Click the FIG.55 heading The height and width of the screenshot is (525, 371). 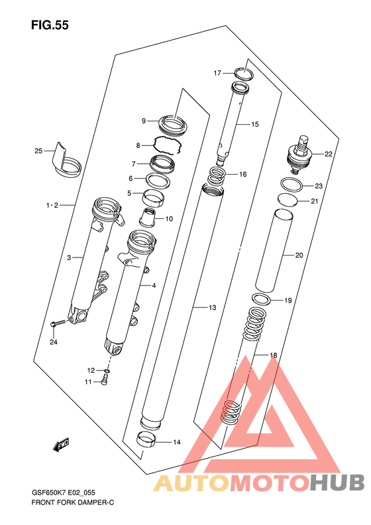[x=50, y=25]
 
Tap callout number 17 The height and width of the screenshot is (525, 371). [x=217, y=72]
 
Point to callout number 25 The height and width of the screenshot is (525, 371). [x=38, y=151]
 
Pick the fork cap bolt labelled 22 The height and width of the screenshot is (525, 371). [x=300, y=155]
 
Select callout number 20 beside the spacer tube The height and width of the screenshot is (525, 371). [x=299, y=255]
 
